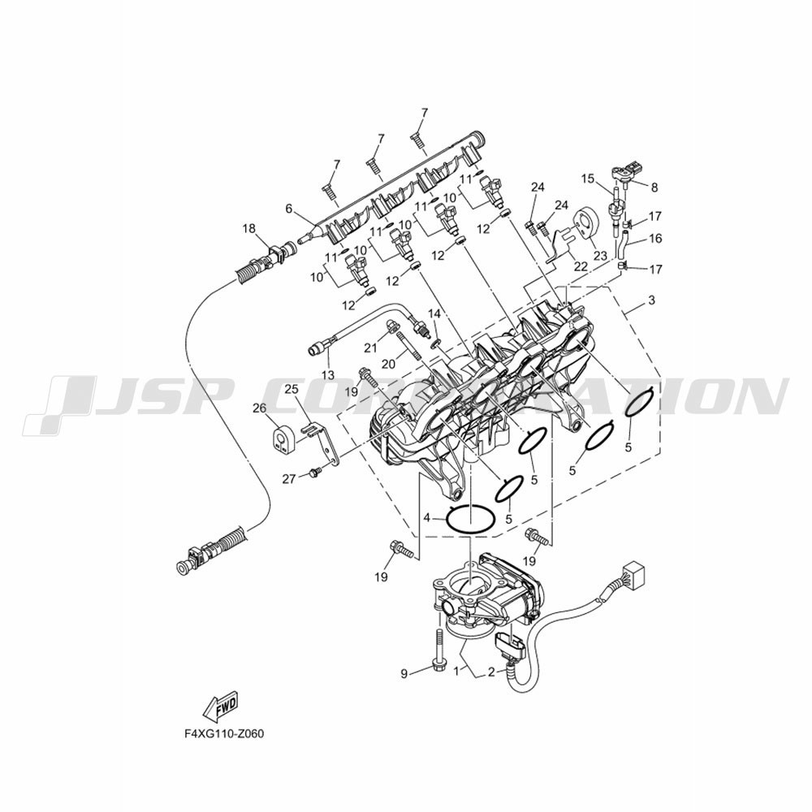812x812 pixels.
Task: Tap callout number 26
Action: (260, 408)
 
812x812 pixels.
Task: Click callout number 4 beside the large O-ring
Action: (427, 517)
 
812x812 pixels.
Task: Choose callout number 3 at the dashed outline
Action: (651, 300)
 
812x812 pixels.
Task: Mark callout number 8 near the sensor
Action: (654, 187)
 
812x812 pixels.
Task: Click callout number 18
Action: (249, 228)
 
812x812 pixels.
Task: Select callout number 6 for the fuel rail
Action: (289, 209)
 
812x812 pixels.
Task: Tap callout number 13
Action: (328, 375)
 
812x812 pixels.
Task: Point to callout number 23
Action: (600, 255)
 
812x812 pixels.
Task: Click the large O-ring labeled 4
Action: (470, 507)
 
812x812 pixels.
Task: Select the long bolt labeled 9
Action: (438, 653)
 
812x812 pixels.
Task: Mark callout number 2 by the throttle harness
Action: (491, 672)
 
